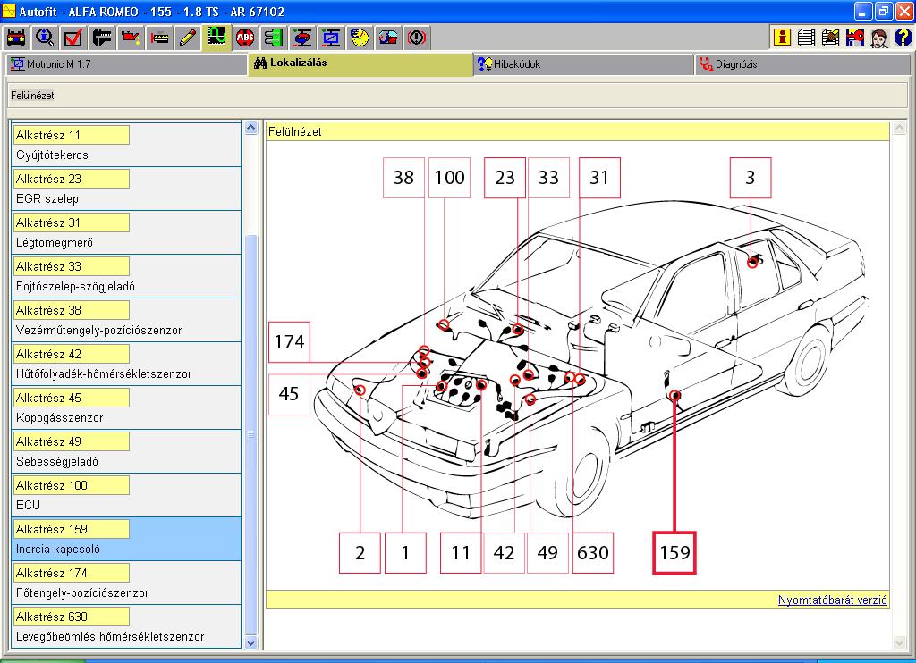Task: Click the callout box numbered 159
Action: click(674, 553)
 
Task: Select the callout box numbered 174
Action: click(289, 341)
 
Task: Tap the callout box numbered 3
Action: click(751, 178)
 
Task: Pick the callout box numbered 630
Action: click(592, 553)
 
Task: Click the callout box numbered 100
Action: click(449, 178)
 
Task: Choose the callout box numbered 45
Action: click(289, 394)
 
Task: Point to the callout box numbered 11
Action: click(461, 553)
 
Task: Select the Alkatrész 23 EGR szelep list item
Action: click(126, 189)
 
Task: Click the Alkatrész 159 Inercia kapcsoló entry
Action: click(126, 539)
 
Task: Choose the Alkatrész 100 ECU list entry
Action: click(126, 495)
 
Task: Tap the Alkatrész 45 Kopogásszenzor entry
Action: click(126, 407)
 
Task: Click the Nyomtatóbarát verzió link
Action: click(833, 600)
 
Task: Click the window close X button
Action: click(903, 11)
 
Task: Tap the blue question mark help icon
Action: click(903, 38)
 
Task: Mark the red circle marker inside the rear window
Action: click(753, 262)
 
